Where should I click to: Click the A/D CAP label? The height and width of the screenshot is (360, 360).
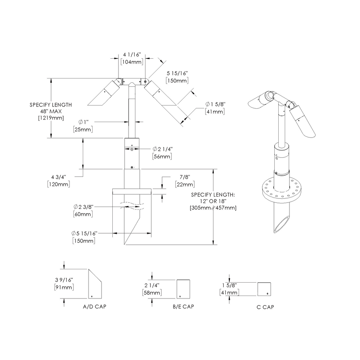[x=94, y=307]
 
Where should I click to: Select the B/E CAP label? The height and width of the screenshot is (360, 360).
[x=183, y=307]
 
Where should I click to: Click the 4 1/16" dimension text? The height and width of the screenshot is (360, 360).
[x=131, y=55]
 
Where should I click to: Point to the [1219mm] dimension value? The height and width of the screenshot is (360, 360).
[x=51, y=118]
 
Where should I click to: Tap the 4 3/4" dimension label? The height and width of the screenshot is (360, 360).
[x=59, y=177]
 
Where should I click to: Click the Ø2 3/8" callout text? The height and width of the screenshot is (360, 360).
[x=84, y=207]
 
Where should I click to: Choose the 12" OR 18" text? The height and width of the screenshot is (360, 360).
[x=213, y=201]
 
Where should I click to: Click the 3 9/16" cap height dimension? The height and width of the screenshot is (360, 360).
[x=64, y=280]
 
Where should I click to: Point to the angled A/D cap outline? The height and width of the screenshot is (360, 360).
[x=95, y=284]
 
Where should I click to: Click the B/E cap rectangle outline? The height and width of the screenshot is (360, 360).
[x=183, y=289]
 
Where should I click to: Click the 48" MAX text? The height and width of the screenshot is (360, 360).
[x=50, y=111]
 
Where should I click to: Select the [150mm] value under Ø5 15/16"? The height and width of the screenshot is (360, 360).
[x=84, y=240]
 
